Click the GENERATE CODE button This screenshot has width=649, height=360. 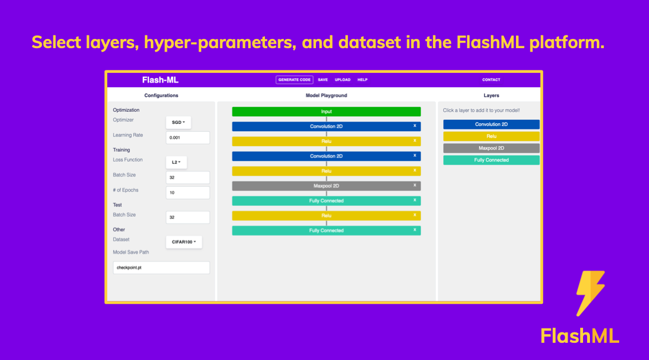(295, 80)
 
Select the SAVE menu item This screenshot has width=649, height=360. (323, 80)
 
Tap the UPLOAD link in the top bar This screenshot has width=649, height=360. (342, 80)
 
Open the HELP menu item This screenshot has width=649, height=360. (362, 80)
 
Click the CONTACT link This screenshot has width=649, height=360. (491, 80)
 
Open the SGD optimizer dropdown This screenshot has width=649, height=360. (178, 122)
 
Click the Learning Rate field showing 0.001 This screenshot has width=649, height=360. (187, 138)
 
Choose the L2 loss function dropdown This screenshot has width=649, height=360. (176, 162)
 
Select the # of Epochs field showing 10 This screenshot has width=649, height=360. (187, 193)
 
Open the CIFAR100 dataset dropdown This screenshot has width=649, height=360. (184, 242)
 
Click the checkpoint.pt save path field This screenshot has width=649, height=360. (161, 268)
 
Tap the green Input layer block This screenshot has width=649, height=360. (326, 111)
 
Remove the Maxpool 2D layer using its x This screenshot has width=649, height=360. (415, 185)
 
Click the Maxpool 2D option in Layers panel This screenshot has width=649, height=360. (491, 148)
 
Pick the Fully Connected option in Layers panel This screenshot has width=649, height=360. (491, 160)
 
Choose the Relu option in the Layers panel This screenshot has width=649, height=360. (491, 136)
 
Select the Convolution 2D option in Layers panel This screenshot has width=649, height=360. (491, 124)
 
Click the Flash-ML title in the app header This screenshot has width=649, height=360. (160, 80)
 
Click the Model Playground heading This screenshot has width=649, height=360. (326, 95)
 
